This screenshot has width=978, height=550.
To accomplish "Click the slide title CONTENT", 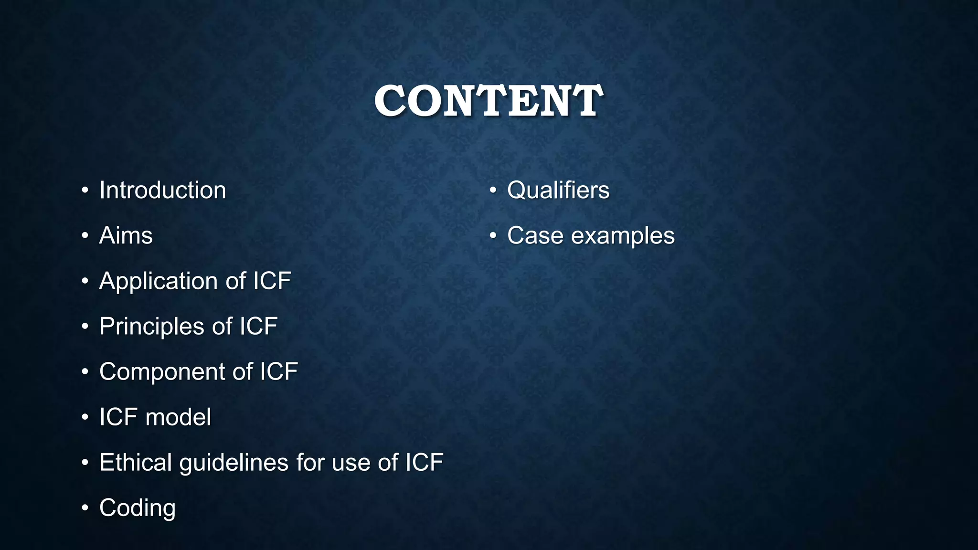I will tap(489, 101).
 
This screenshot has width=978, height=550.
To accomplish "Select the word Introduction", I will tap(162, 190).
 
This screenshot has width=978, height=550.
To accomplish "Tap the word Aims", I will tap(126, 235).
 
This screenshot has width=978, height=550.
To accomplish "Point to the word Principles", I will tap(151, 327).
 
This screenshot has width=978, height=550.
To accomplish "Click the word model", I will tap(178, 417).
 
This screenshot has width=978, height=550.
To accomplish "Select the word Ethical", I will tap(136, 462).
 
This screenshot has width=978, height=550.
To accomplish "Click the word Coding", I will tap(137, 508).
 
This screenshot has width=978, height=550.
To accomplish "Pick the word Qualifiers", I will tap(558, 190).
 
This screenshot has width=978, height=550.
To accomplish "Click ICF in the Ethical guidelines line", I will tap(424, 462).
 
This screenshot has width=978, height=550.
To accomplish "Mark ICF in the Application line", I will tap(272, 281).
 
